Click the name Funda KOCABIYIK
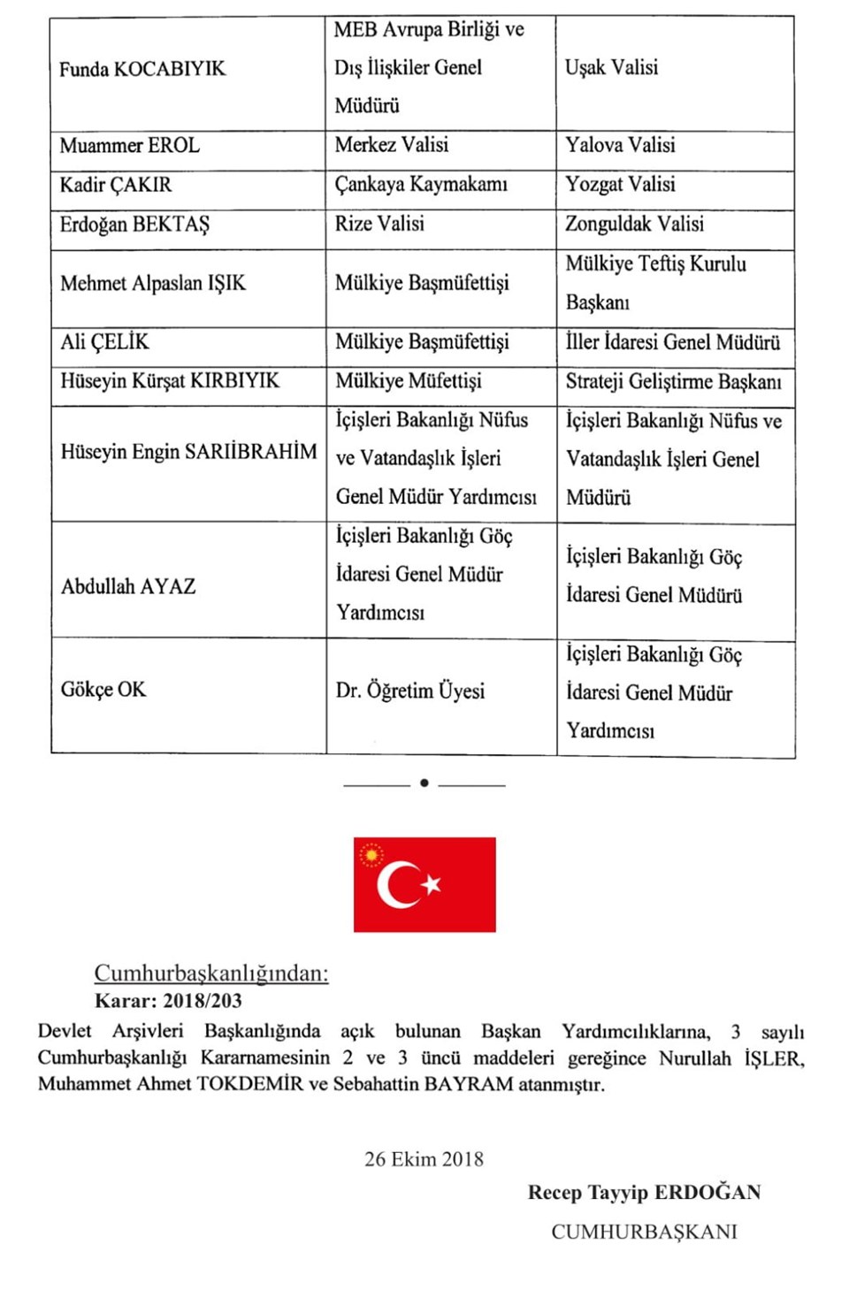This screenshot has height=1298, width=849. coord(142,69)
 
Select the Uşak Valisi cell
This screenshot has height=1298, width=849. coord(611,67)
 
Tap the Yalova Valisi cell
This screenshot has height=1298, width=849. coord(620,145)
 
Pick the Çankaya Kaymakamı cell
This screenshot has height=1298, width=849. coord(421,185)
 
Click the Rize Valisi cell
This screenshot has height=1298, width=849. coord(379,224)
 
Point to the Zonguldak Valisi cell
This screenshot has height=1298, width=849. coord(634,224)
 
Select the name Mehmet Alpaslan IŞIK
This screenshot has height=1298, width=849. coord(153,284)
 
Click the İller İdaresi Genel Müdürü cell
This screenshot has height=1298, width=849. coord(673,342)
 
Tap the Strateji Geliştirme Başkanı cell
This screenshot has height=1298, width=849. coord(673,382)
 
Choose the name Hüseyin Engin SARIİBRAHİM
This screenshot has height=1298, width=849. coord(188,452)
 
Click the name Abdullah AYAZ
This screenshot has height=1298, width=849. coord(128,587)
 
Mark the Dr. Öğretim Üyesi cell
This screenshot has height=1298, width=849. coord(410,691)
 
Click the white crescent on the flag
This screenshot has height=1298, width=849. coord(396,884)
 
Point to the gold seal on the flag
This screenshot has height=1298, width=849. coord(371,855)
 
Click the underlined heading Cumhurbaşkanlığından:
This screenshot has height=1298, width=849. coord(211,973)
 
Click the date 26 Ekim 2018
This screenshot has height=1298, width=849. coord(424,1159)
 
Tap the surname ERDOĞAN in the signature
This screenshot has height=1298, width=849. coord(707,1193)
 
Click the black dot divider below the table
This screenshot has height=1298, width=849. coord(424,783)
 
